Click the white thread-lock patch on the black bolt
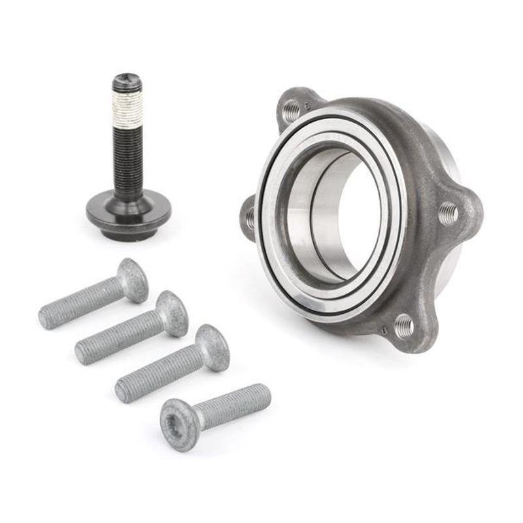coord(127,109)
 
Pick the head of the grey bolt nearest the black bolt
coord(133,280)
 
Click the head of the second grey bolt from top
coord(172,313)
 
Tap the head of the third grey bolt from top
coord(212,347)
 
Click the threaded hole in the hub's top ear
coord(291,110)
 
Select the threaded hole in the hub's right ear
coord(448,214)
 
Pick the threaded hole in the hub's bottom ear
coord(403,325)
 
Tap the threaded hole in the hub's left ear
coord(250,218)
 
